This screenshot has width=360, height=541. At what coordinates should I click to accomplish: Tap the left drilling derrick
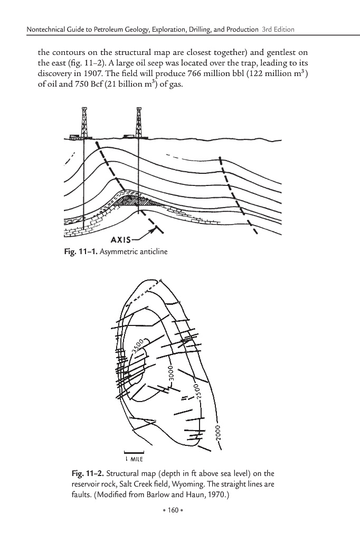(x=83, y=123)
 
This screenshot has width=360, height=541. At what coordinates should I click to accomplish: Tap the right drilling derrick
(x=138, y=123)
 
